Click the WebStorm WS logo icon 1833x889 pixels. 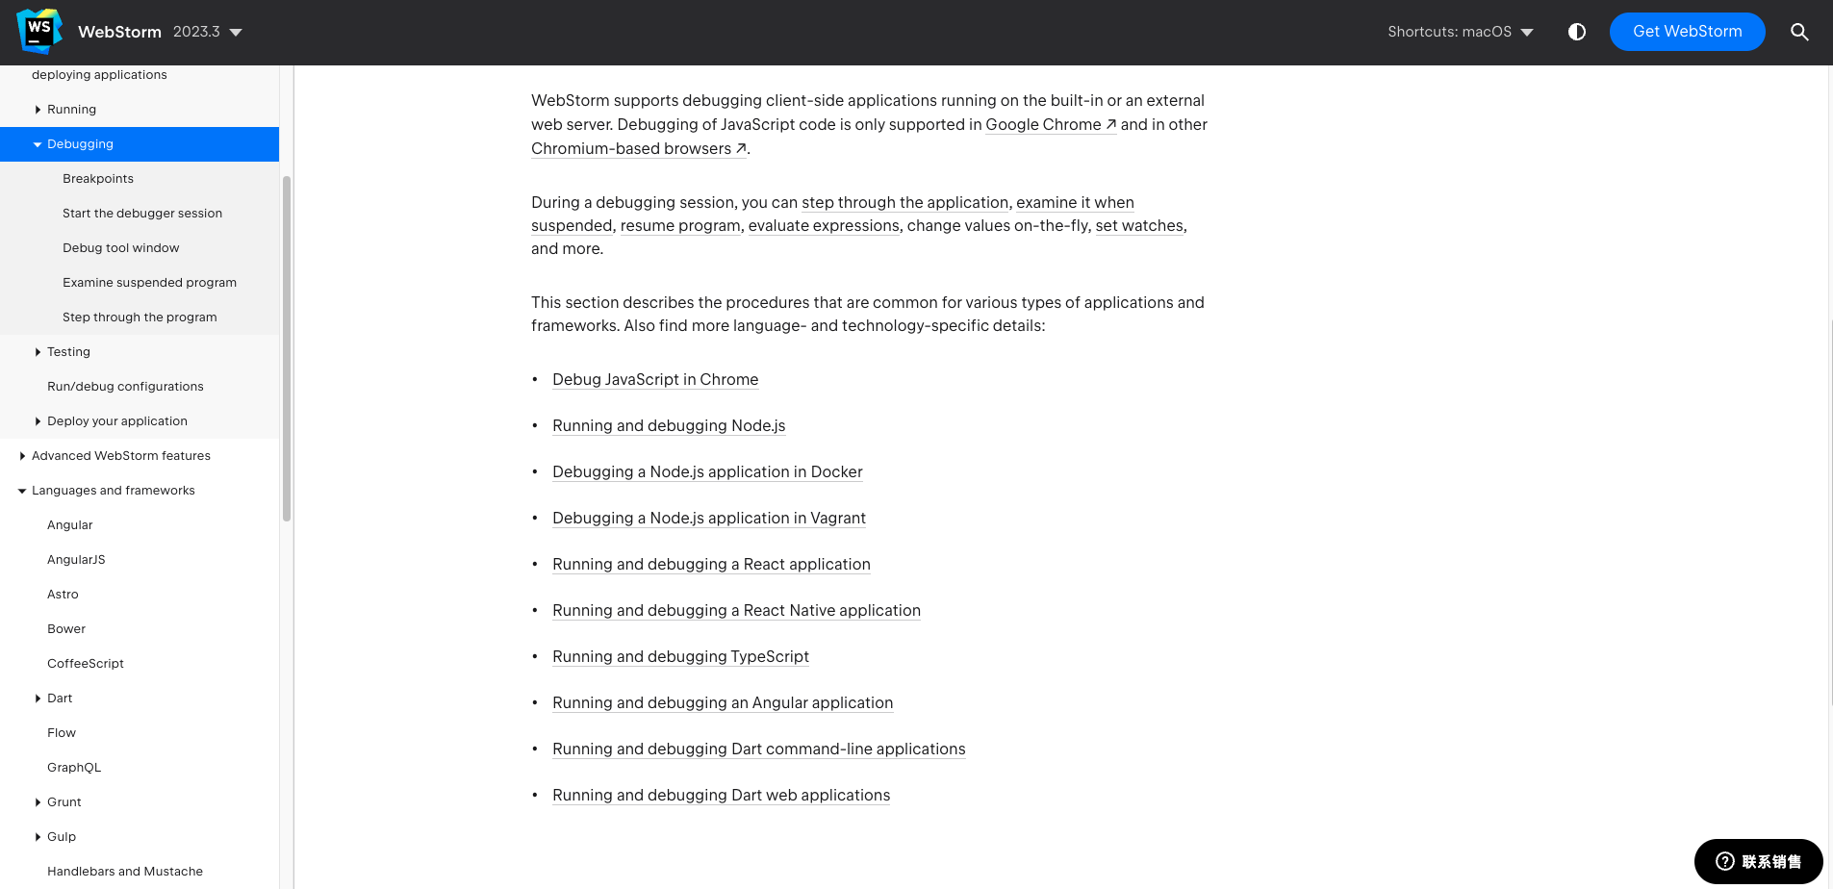click(39, 32)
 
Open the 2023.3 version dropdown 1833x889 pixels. click(208, 32)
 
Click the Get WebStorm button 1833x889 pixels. click(1687, 32)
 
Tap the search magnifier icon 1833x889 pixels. click(1799, 32)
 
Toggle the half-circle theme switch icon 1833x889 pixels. click(1576, 32)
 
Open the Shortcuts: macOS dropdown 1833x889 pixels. click(1460, 32)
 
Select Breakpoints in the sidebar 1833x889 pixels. click(98, 179)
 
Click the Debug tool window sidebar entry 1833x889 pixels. click(121, 248)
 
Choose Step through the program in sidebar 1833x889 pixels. click(140, 317)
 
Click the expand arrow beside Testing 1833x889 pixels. click(38, 352)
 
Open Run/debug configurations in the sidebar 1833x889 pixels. click(125, 387)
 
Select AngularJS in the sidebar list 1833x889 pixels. click(76, 560)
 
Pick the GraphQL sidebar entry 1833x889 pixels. click(74, 768)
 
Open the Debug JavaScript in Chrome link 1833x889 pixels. click(655, 380)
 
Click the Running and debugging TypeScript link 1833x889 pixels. click(680, 657)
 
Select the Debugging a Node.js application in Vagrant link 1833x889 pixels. click(709, 519)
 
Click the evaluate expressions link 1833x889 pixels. click(824, 226)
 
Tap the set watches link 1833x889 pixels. click(1139, 226)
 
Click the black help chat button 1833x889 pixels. click(1758, 861)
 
